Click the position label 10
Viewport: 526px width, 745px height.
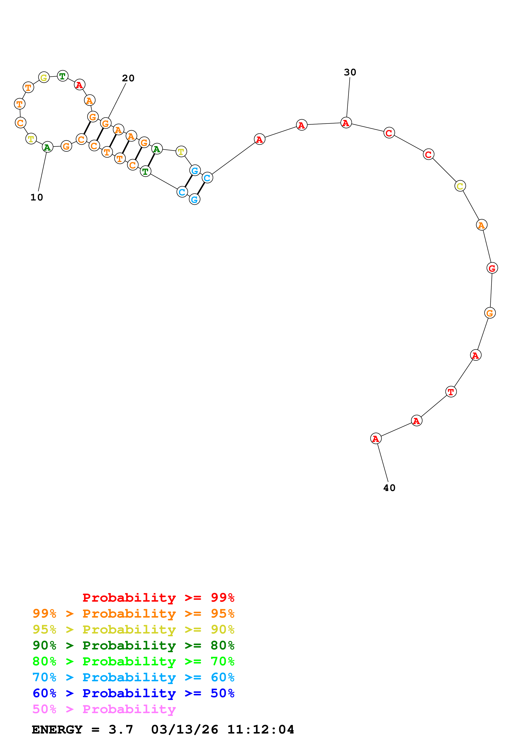37,197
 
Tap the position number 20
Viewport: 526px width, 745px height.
128,78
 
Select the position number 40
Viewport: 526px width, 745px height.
389,488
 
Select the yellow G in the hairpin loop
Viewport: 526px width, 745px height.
44,78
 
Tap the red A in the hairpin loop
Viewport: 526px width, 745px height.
79,85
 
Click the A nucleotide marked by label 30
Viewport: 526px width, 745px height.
346,123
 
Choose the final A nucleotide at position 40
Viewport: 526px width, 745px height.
376,439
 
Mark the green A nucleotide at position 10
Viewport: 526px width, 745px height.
47,147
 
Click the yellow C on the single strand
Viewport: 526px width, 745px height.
460,186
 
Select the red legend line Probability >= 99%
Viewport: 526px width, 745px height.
158,598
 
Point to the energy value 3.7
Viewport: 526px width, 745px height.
121,729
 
